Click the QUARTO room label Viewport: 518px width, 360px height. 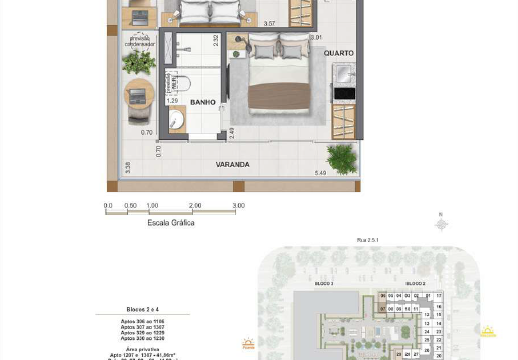tap(338, 53)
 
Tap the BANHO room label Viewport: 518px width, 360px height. tap(202, 102)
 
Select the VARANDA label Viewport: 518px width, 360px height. tap(232, 164)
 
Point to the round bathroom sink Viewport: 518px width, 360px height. tap(176, 120)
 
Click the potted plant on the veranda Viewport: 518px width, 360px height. tap(342, 157)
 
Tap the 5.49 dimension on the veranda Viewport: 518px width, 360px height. tap(320, 173)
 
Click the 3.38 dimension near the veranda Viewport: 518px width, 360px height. tap(127, 167)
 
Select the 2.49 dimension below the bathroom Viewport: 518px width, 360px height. tap(232, 132)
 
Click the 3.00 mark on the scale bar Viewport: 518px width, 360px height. tap(238, 206)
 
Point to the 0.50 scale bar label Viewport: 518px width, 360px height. tap(130, 206)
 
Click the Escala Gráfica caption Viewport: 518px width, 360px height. tap(171, 223)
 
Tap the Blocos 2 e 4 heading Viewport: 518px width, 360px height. tap(143, 310)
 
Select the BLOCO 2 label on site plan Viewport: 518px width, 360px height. tap(415, 284)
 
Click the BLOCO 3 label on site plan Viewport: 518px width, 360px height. tap(324, 284)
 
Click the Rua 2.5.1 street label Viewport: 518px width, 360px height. tap(368, 240)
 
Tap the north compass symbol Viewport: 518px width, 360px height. tap(441, 224)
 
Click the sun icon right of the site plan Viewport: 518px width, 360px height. tap(487, 332)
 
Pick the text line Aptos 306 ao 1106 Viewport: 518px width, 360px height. tap(143, 321)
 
